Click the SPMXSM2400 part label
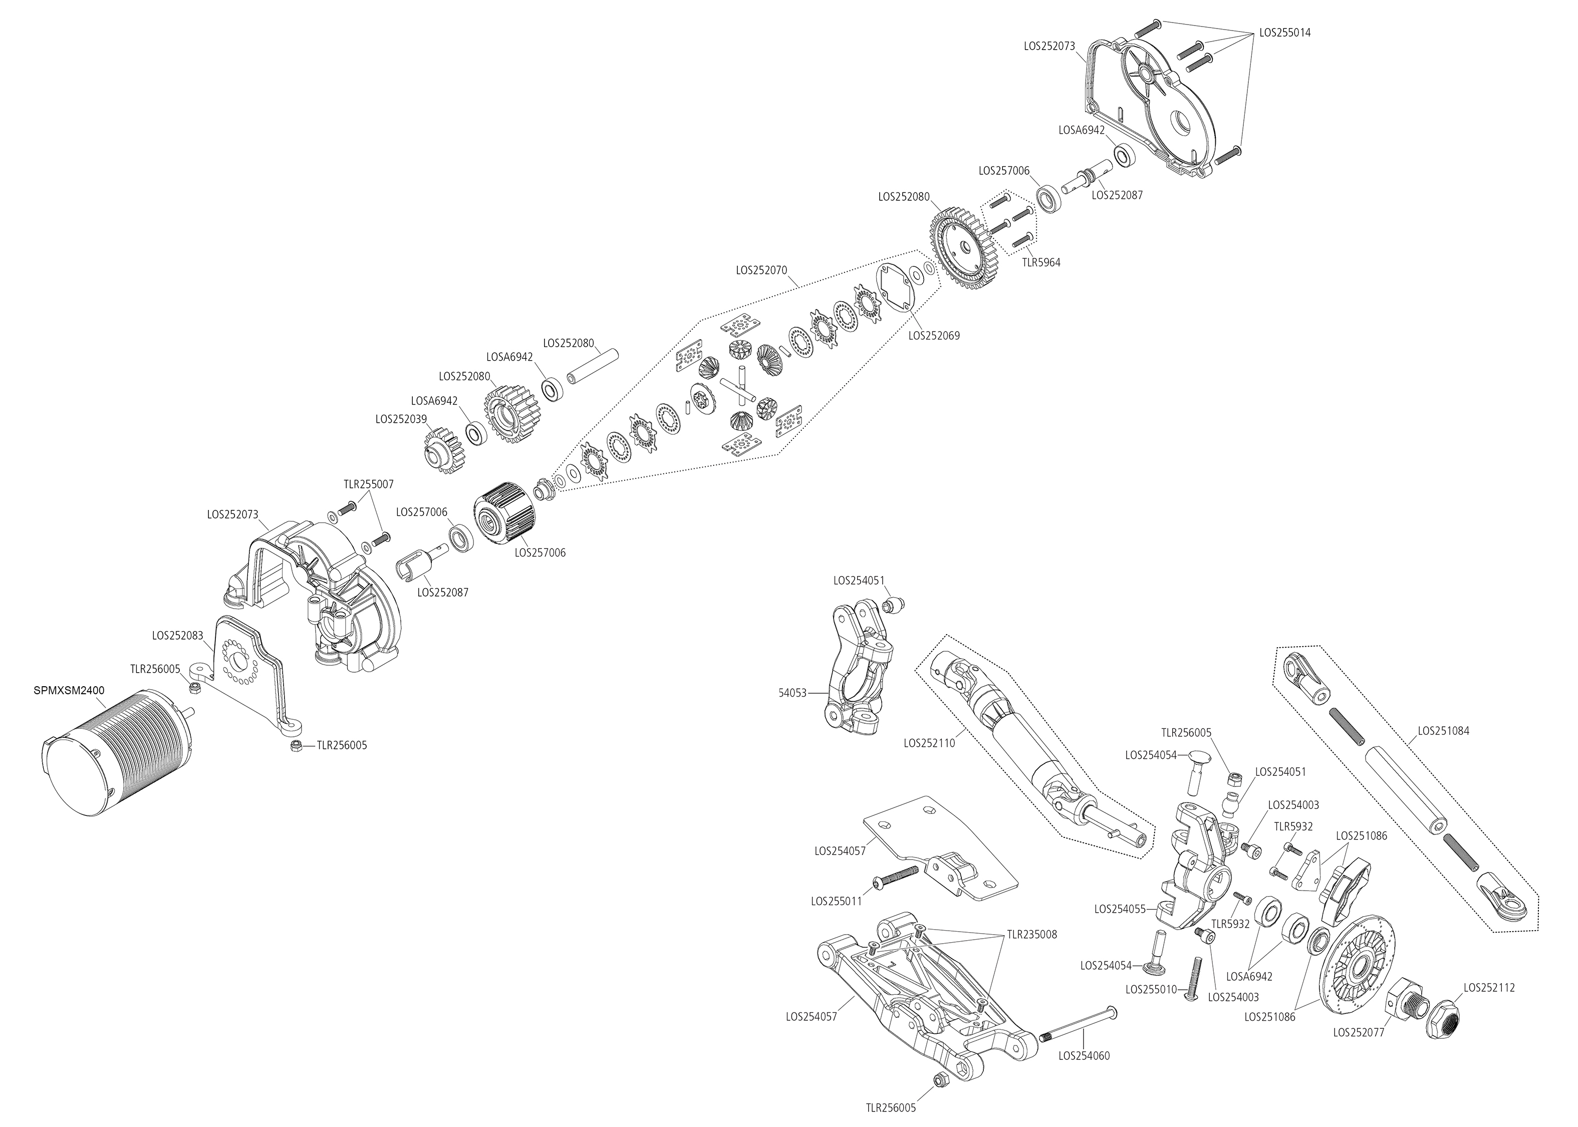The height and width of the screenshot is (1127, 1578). click(x=69, y=691)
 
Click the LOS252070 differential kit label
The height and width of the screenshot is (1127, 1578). click(x=761, y=270)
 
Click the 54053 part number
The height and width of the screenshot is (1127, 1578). click(x=793, y=693)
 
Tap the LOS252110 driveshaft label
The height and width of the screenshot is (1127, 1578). click(x=929, y=742)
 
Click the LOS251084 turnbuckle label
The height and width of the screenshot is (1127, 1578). click(x=1443, y=731)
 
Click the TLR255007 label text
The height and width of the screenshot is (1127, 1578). click(x=368, y=484)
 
